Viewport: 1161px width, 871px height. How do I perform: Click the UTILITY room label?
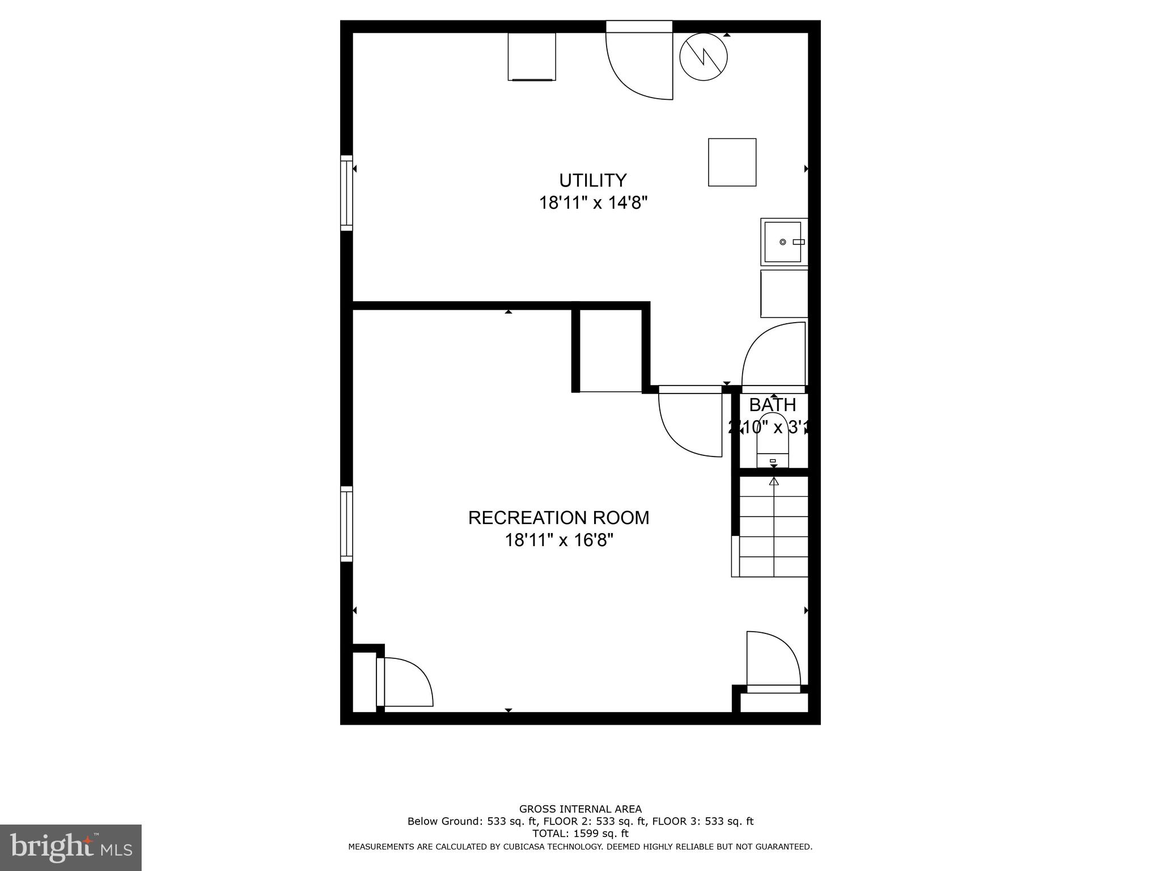[x=592, y=180]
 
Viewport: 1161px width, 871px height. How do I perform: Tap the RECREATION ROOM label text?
[x=558, y=518]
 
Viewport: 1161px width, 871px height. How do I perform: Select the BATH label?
[x=772, y=405]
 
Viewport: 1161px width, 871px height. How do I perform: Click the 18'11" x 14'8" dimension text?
[x=592, y=203]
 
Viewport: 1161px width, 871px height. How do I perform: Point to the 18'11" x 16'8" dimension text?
[x=559, y=540]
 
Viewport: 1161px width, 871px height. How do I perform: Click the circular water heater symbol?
[x=703, y=57]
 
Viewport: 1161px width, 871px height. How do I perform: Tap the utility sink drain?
[x=782, y=242]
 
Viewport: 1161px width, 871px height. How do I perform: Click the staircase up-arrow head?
[x=774, y=481]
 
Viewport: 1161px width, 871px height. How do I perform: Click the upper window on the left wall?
[x=346, y=193]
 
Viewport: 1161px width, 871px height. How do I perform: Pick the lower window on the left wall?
[x=346, y=524]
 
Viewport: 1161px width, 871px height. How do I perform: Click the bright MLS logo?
[x=71, y=848]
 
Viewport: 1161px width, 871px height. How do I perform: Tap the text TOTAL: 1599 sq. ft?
[x=580, y=834]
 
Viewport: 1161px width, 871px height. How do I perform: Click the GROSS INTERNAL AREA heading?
[x=580, y=809]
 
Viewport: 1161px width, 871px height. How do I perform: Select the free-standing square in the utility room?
[x=732, y=162]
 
